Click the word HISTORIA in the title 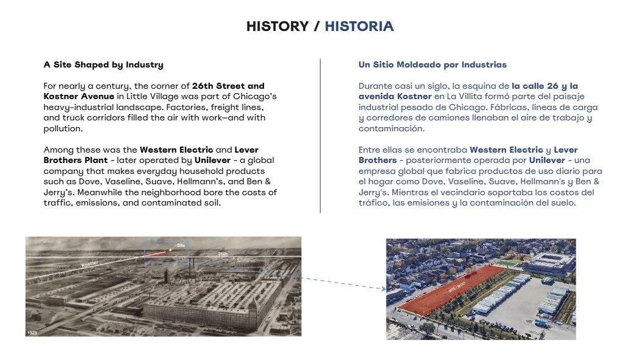pyautogui.click(x=359, y=26)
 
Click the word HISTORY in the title pyautogui.click(x=277, y=26)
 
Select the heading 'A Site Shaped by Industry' pyautogui.click(x=103, y=64)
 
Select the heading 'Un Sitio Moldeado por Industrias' pyautogui.click(x=433, y=64)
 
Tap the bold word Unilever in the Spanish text pyautogui.click(x=547, y=160)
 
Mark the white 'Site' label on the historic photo pyautogui.click(x=180, y=245)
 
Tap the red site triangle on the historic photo pyautogui.click(x=159, y=254)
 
